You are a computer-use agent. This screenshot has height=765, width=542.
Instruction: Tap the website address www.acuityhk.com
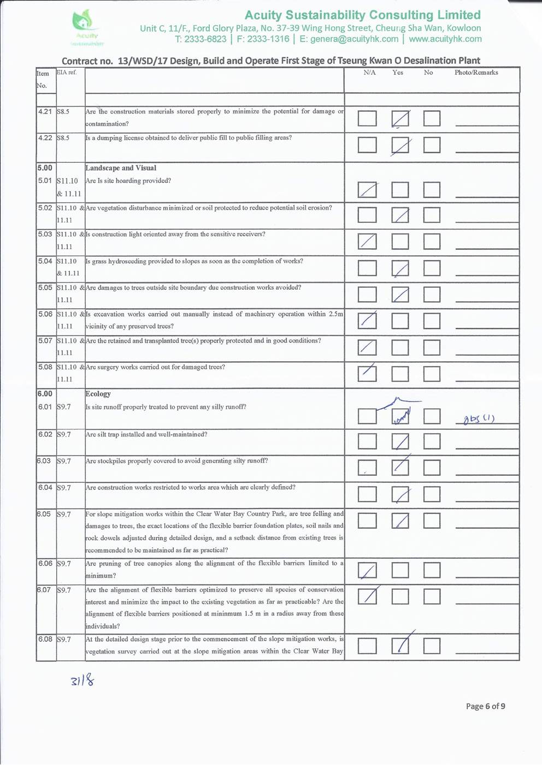point(445,39)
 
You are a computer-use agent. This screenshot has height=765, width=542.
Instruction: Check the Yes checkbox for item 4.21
point(400,118)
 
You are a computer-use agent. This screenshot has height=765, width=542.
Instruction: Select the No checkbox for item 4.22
point(432,145)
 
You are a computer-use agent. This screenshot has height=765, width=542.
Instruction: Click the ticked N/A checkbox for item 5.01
point(367,189)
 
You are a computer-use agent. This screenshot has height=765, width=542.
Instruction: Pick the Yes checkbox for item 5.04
point(400,268)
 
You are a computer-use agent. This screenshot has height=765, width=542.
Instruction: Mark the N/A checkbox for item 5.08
point(367,373)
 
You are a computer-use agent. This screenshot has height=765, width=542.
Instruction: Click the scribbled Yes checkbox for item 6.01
point(400,416)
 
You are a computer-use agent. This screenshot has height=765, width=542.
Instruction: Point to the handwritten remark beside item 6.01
point(479,419)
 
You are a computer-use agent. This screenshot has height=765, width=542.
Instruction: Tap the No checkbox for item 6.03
point(432,468)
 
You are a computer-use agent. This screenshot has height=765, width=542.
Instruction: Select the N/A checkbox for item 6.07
point(367,596)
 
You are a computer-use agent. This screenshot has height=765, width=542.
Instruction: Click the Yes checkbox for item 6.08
point(400,646)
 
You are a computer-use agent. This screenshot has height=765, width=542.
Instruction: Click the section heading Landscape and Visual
point(120,168)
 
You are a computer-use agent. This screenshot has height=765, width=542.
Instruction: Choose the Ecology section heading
point(98,394)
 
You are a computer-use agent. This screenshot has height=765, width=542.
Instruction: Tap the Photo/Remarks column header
point(476,73)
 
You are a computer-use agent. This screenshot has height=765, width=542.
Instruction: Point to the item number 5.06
point(45,314)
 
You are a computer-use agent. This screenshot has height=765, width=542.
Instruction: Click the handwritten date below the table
point(82,680)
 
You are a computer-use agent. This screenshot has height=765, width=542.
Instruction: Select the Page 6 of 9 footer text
point(485,706)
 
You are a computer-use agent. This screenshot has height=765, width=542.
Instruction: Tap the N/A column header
point(369,73)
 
